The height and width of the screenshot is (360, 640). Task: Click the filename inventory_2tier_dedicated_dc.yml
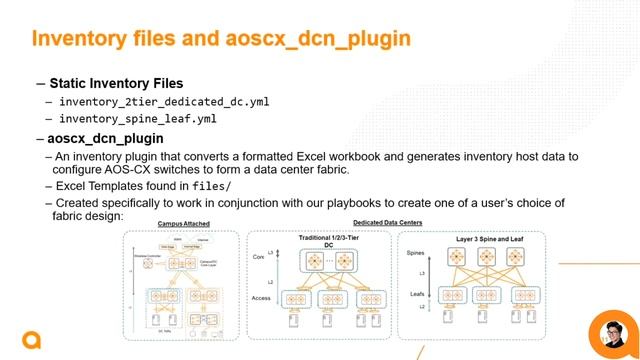tap(163, 102)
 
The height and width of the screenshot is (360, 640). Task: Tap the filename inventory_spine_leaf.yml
tap(138, 119)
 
